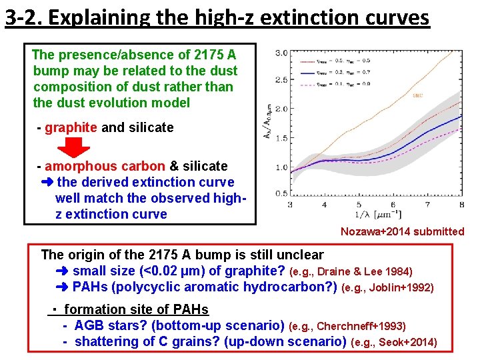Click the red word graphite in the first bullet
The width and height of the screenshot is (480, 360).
71,127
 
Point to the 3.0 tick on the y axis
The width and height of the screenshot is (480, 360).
281,53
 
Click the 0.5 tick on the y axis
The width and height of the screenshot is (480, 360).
281,193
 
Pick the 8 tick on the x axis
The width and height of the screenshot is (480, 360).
461,205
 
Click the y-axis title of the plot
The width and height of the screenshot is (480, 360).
268,123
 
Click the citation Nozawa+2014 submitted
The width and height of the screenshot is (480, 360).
402,231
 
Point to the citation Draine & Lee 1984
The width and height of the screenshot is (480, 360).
365,272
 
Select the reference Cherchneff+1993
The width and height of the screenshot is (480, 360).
361,327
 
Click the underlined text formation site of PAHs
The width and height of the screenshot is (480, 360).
136,309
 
